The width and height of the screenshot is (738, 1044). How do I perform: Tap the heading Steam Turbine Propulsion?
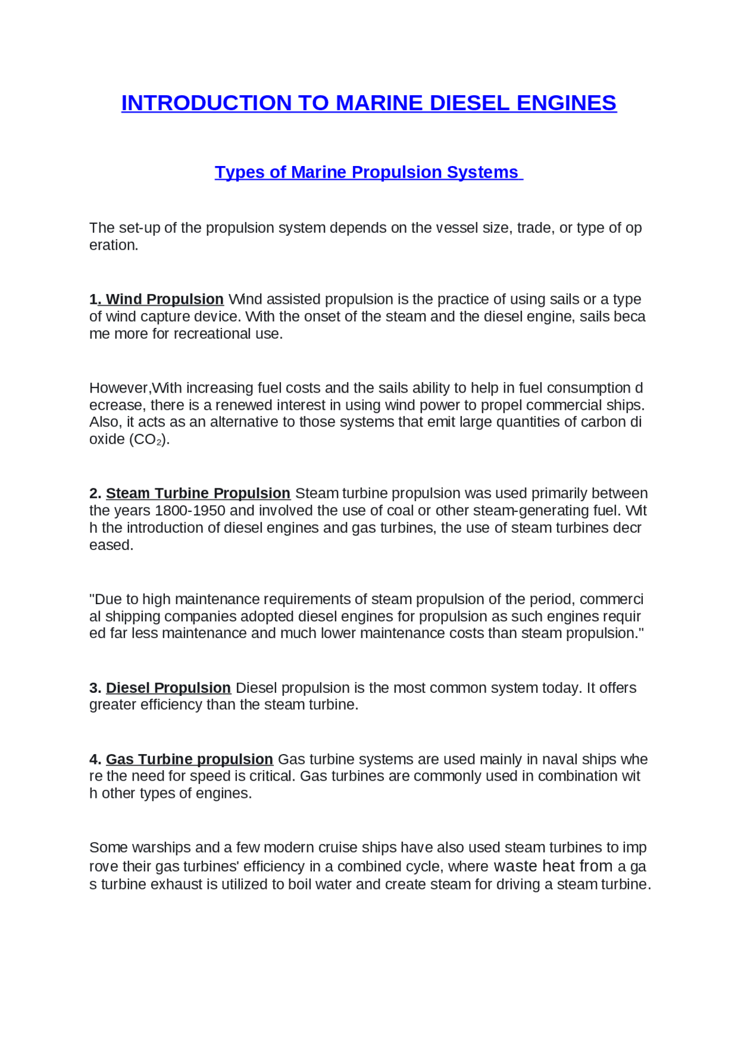coord(198,493)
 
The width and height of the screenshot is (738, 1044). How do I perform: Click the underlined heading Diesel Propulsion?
coord(168,688)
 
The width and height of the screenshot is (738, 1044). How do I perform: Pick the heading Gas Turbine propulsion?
coord(189,759)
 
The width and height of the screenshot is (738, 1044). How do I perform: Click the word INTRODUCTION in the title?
coord(206,103)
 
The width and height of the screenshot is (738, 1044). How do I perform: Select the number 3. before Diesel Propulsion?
coord(95,688)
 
